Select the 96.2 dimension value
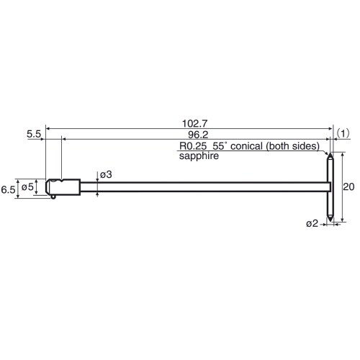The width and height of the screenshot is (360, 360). (x=190, y=134)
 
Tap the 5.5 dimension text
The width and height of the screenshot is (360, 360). (x=33, y=134)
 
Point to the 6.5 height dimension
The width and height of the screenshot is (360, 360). (x=9, y=189)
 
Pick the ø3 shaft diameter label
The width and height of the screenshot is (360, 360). (x=105, y=175)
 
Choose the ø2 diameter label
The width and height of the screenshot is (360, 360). (x=311, y=224)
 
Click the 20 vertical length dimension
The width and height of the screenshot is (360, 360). (x=348, y=186)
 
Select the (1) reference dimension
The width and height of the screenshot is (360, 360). (x=343, y=134)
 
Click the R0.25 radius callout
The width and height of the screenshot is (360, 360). (x=193, y=145)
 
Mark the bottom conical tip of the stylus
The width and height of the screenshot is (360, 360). (x=330, y=219)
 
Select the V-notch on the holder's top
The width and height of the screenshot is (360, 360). (x=63, y=179)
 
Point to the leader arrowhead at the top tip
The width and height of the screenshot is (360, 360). (x=327, y=152)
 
